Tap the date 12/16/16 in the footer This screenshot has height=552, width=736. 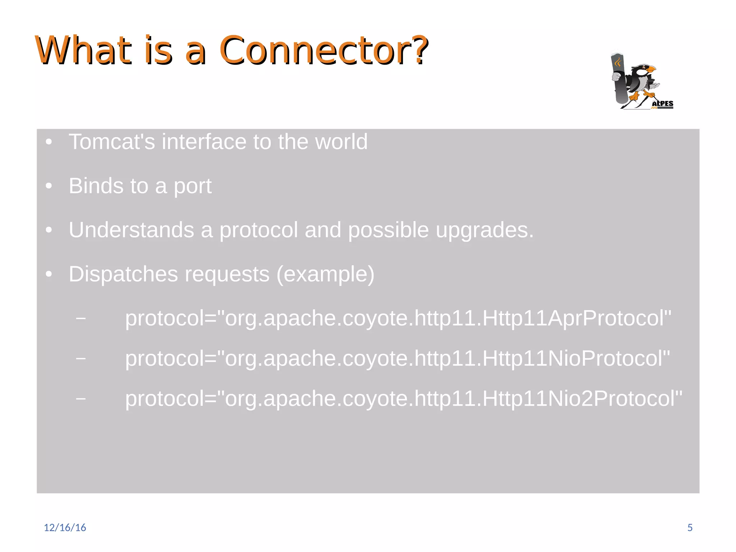(x=65, y=527)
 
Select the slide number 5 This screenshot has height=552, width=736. (x=690, y=527)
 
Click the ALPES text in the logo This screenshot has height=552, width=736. (x=662, y=103)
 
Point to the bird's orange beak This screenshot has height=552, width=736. (x=651, y=69)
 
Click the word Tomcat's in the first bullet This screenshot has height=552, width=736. (x=112, y=142)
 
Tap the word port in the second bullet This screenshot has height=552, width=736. (x=193, y=186)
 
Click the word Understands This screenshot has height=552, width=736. (x=131, y=230)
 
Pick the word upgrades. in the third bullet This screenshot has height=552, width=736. (x=485, y=231)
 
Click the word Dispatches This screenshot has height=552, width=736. (x=123, y=274)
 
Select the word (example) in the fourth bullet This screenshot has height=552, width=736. (x=325, y=274)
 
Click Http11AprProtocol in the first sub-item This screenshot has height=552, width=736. (x=575, y=318)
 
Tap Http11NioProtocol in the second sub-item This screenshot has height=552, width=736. (x=575, y=358)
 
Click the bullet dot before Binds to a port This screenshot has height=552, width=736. (x=49, y=186)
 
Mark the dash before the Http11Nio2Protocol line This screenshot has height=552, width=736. (x=81, y=398)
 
